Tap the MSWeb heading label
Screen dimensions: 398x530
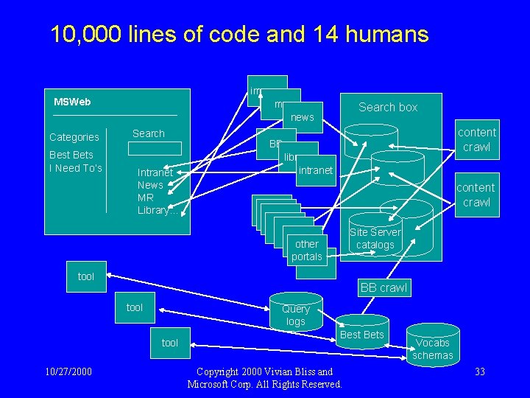pyautogui.click(x=72, y=102)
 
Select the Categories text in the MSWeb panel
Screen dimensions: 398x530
pyautogui.click(x=74, y=137)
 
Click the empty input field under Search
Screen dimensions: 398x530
pyautogui.click(x=154, y=148)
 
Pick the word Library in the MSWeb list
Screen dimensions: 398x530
pyautogui.click(x=153, y=211)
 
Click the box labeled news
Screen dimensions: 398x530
pyautogui.click(x=303, y=116)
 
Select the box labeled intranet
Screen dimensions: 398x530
pyautogui.click(x=316, y=170)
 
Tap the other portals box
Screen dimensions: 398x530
pyautogui.click(x=306, y=250)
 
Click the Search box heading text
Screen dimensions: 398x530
pyautogui.click(x=388, y=107)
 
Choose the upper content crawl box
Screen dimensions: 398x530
pyautogui.click(x=476, y=139)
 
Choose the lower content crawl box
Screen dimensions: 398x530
pyautogui.click(x=476, y=195)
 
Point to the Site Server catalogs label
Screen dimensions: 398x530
pyautogui.click(x=375, y=239)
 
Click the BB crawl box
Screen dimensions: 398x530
pyautogui.click(x=384, y=288)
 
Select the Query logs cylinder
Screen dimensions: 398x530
pyautogui.click(x=295, y=315)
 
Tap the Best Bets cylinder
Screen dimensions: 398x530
pyautogui.click(x=362, y=335)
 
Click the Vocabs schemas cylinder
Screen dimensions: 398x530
pyautogui.click(x=432, y=349)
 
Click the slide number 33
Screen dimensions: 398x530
pyautogui.click(x=479, y=371)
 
